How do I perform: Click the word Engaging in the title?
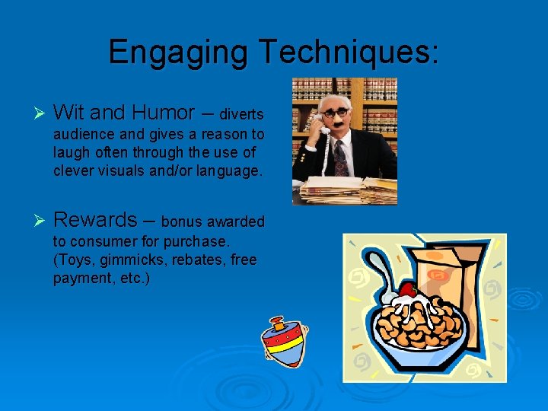(179, 53)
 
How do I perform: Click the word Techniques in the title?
(347, 52)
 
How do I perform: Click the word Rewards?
(94, 220)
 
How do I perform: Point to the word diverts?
(241, 116)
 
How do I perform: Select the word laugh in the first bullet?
(70, 152)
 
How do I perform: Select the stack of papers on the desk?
(358, 190)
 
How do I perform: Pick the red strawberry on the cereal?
(409, 290)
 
